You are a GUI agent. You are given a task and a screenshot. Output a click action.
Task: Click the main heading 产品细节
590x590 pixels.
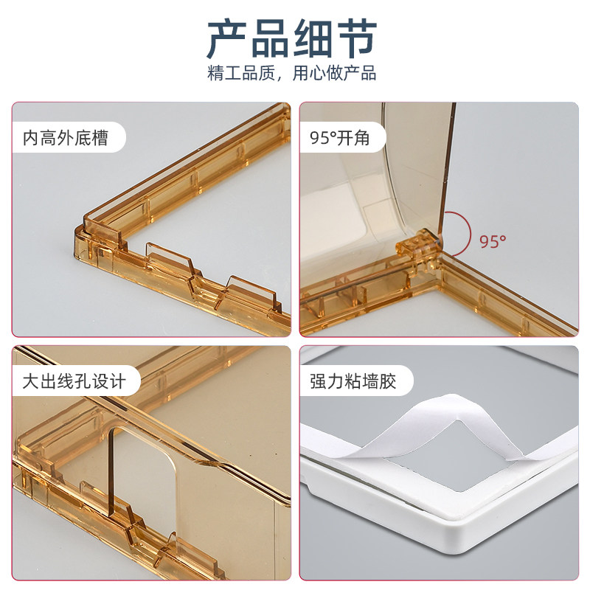pos(291,38)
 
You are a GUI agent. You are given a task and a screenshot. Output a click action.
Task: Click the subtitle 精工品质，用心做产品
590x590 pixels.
pos(291,73)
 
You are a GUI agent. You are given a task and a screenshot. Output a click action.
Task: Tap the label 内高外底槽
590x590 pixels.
pos(66,138)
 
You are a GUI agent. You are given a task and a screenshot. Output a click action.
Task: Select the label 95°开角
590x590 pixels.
pos(339,138)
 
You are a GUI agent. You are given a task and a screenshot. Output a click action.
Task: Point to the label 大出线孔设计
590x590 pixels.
pos(74,381)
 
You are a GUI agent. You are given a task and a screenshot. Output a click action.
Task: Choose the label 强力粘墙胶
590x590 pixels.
pos(353,381)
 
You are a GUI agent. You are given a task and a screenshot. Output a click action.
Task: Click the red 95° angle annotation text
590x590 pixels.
pos(492,241)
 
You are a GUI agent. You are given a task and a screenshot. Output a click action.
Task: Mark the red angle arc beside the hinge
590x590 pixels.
pos(471,233)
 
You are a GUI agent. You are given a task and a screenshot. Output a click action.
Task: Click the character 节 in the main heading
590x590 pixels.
pos(356,39)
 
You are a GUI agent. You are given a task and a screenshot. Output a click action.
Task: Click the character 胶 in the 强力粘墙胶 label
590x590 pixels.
pos(388,381)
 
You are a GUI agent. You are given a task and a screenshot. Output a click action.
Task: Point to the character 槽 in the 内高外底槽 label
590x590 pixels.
pos(100,138)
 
